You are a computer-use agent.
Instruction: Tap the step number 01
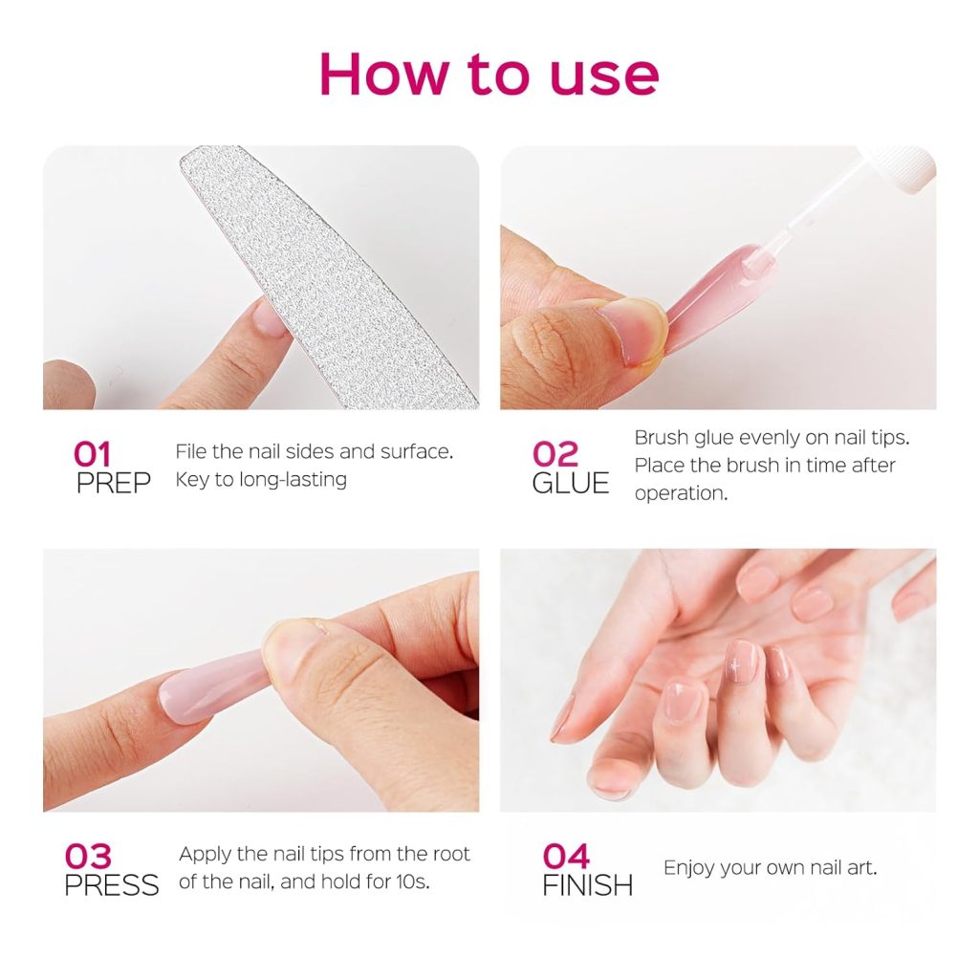[x=93, y=453]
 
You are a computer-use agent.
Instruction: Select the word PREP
[x=113, y=483]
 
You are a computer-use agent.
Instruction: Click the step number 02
[x=555, y=453]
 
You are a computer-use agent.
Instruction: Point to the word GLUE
[x=570, y=483]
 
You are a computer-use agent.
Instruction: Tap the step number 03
[x=88, y=856]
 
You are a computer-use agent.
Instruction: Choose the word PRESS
[x=111, y=885]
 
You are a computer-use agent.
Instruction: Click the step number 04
[x=567, y=856]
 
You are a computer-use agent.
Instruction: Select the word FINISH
[x=587, y=885]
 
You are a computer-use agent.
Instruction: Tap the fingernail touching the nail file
[x=270, y=318]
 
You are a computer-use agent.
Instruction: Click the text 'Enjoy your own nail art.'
[x=770, y=868]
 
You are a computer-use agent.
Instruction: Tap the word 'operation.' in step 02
[x=681, y=493]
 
